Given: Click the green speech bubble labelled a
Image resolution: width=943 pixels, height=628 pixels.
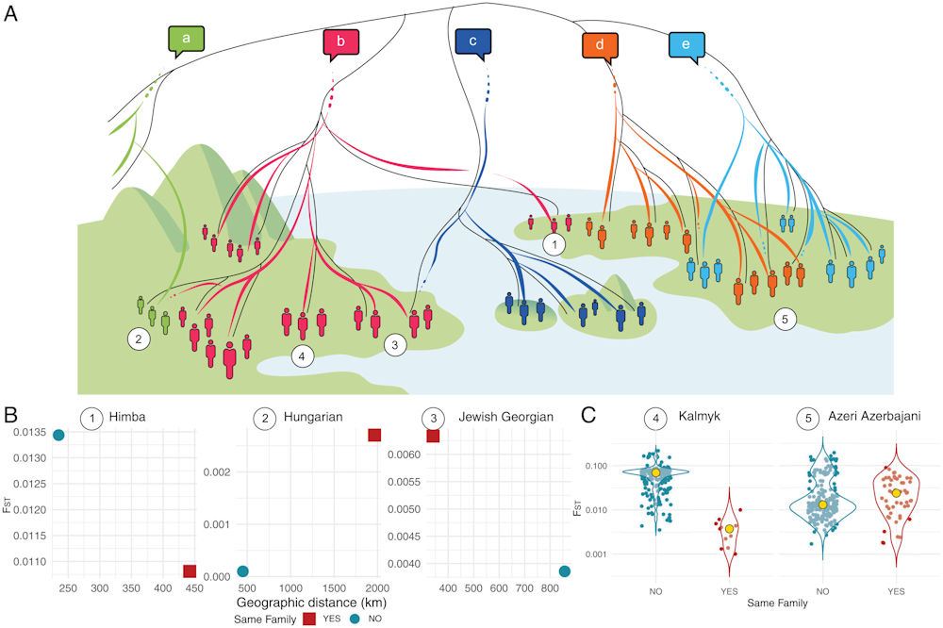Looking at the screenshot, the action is [x=187, y=41].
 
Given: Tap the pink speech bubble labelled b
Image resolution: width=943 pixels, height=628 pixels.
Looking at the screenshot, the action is [x=341, y=43].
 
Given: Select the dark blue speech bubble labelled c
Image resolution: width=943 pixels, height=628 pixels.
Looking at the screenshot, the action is [x=472, y=42].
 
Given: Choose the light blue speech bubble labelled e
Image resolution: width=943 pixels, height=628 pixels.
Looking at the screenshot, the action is [x=687, y=46].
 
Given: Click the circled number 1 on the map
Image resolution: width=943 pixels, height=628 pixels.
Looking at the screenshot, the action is [x=554, y=245].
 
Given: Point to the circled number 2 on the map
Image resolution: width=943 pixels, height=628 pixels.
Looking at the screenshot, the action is [x=139, y=339].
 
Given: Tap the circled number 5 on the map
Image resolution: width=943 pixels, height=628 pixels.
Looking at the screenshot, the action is [x=785, y=319].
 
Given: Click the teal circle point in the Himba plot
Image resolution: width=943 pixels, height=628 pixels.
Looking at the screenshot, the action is [x=58, y=435].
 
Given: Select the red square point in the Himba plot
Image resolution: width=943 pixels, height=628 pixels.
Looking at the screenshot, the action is [x=190, y=571].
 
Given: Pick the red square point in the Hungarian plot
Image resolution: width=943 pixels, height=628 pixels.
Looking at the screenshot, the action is [x=374, y=435].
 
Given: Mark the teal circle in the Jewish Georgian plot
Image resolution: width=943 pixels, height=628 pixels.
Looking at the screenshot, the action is [x=564, y=571].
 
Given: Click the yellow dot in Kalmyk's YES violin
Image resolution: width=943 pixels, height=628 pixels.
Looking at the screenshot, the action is [x=730, y=529].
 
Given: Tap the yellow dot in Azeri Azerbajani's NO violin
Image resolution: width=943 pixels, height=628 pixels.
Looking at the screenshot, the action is [x=822, y=504].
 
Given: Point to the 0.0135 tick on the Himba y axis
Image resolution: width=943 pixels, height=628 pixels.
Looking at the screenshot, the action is [x=29, y=433].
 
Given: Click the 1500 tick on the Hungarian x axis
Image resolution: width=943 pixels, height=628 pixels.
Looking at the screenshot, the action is [x=335, y=587].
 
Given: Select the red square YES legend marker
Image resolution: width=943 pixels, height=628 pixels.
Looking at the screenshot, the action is [x=309, y=619].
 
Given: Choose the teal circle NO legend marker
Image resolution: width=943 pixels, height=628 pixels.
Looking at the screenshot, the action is [x=356, y=619].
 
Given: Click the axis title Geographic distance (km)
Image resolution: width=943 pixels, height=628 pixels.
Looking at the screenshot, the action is [x=311, y=603].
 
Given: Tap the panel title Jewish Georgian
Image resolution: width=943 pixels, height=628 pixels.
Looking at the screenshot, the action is [x=505, y=417].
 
